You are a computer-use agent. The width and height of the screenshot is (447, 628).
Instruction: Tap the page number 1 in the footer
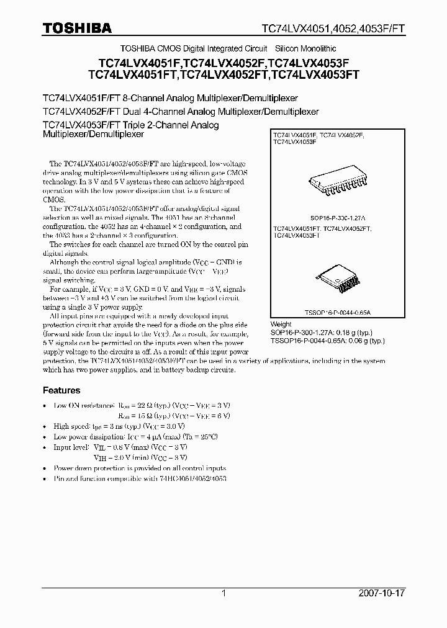pyautogui.click(x=223, y=593)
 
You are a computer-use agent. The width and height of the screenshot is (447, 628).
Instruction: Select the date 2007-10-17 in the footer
pyautogui.click(x=381, y=593)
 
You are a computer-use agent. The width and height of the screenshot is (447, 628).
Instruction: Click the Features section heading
pyautogui.click(x=61, y=390)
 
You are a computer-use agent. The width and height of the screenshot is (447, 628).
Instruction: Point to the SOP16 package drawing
pyautogui.click(x=336, y=181)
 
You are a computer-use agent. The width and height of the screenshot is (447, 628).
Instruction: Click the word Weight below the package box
pyautogui.click(x=281, y=325)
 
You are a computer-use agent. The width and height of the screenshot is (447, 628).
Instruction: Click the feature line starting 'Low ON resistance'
pyautogui.click(x=142, y=405)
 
